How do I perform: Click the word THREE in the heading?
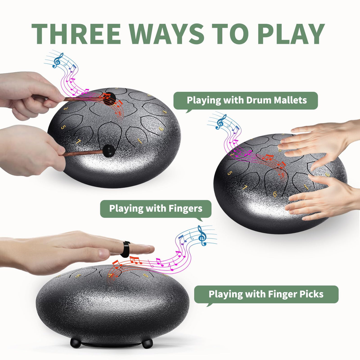[x=76, y=34]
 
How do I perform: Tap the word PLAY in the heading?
[x=291, y=34]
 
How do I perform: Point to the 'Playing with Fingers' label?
[x=156, y=209]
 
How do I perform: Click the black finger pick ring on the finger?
[x=125, y=249]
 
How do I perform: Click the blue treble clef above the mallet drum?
[x=58, y=60]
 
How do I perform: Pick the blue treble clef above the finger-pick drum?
[x=202, y=235]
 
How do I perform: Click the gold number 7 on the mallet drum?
[x=78, y=141]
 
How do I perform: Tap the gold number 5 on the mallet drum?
[x=63, y=127]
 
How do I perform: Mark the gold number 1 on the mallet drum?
[x=140, y=141]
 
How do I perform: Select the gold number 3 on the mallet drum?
[x=66, y=109]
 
